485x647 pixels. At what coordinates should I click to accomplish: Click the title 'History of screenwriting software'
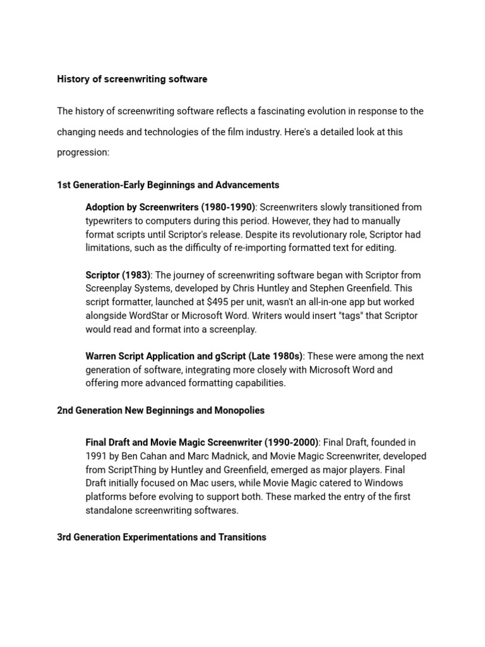point(132,79)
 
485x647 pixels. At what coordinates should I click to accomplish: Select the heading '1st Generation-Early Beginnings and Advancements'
point(168,185)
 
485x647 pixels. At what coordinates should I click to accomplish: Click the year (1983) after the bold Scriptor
point(137,275)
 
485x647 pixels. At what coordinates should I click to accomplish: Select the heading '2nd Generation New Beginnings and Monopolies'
point(160,411)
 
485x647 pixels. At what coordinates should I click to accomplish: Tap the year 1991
point(96,456)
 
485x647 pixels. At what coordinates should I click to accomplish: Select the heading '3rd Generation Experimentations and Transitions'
point(161,537)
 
